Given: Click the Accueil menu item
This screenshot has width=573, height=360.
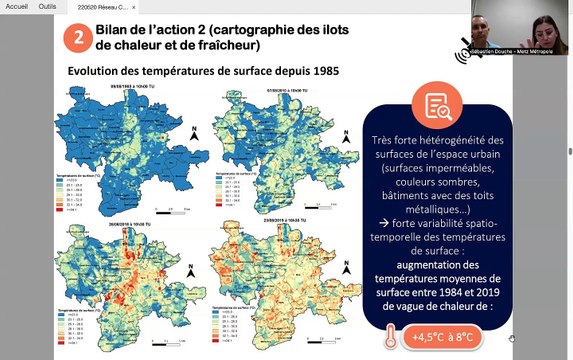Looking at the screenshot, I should coord(17,6).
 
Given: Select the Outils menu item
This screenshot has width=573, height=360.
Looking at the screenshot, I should coord(47,6).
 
